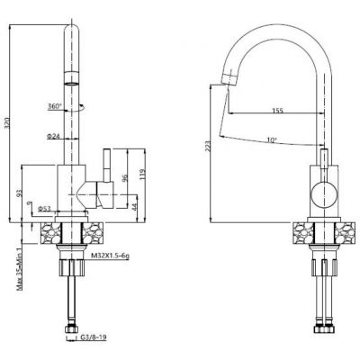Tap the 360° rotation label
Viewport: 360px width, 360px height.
coord(55,105)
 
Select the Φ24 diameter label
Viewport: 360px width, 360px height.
coord(53,136)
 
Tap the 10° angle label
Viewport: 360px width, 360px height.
coord(273,139)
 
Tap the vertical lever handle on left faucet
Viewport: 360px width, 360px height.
coord(105,166)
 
